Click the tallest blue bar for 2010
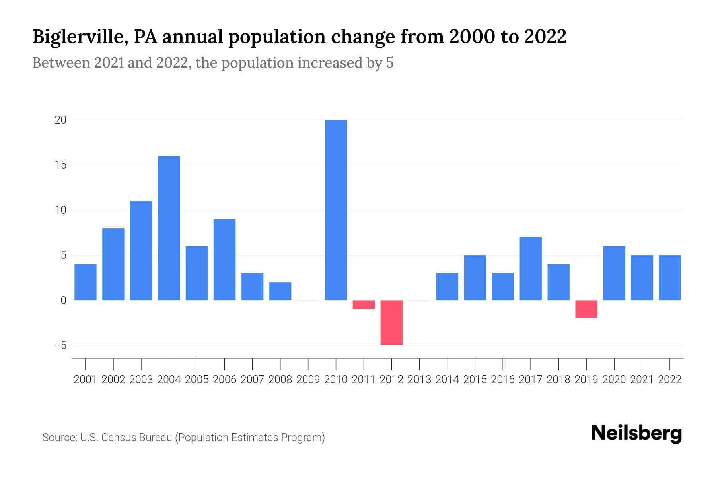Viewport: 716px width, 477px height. coord(336,210)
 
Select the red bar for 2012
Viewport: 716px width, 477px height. coord(391,322)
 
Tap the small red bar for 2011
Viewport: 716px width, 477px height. coord(364,304)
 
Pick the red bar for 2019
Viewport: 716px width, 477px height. coord(586,309)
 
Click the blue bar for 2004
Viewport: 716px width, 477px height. coord(169,228)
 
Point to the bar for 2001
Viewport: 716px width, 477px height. coord(86,282)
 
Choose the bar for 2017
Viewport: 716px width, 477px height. coord(531,268)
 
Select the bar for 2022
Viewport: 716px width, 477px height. coord(670,277)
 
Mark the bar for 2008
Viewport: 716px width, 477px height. coord(280,291)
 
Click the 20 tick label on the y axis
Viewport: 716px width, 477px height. coord(60,120)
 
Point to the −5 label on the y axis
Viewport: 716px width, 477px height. coord(60,345)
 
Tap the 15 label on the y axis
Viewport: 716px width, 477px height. coord(60,165)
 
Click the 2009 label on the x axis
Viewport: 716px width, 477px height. coord(308,380)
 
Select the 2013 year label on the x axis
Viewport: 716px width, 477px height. coord(419,380)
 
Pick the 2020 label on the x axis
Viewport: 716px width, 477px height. coord(614,380)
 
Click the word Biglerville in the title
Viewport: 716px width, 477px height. coord(78,37)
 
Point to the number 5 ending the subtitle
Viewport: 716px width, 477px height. coord(389,63)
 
